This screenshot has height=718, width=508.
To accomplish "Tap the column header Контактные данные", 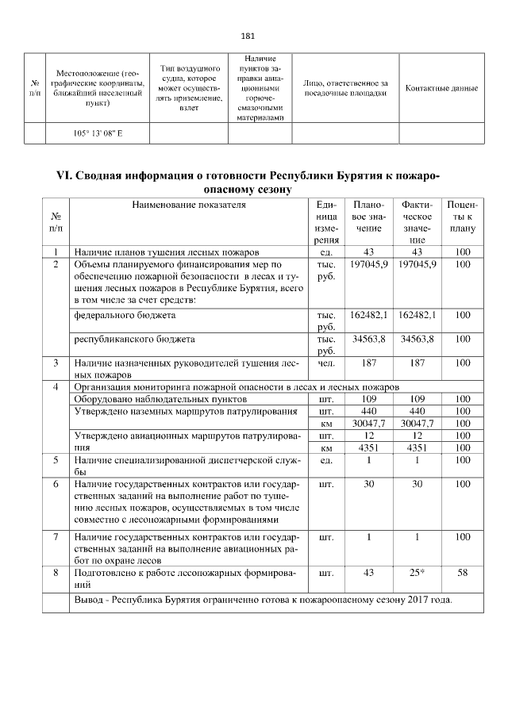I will pos(441,87).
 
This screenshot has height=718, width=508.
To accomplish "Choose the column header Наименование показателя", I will pos(189,205).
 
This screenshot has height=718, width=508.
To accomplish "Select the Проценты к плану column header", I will pos(461,217).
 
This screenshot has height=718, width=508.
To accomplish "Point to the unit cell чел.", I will pos(325,363).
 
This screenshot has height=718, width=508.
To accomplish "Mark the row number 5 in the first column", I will pos(56,459).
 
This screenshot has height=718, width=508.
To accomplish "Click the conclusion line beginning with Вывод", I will pos(263,600).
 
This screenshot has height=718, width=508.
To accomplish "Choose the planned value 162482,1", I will pos(369,315).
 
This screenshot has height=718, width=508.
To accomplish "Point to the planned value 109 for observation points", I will pos(369,399).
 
